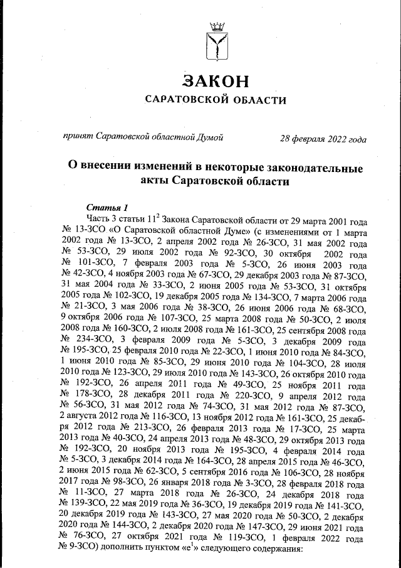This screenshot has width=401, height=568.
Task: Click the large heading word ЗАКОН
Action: (x=216, y=81)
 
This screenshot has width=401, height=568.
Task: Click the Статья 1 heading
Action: (x=107, y=208)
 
